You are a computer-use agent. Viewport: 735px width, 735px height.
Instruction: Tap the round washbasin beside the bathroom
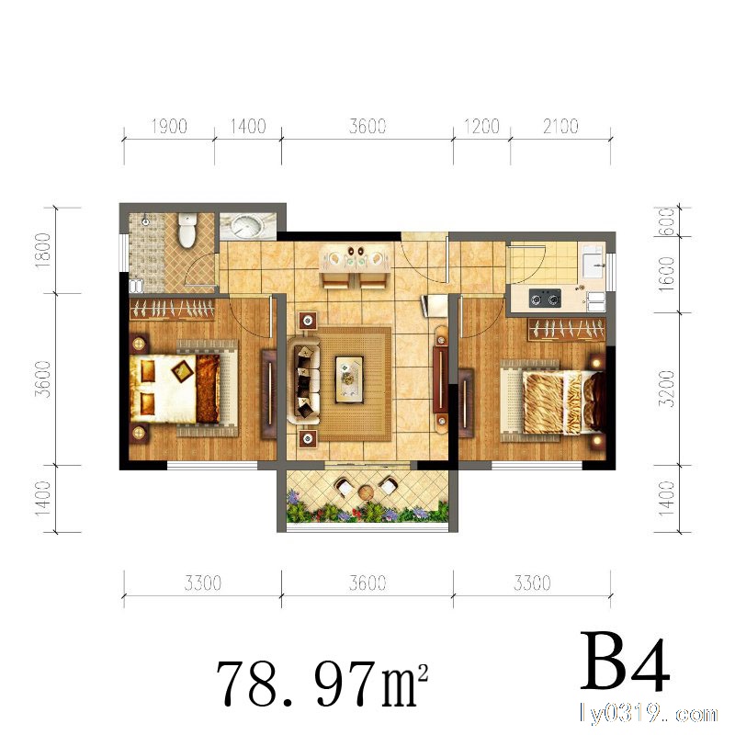(x=247, y=227)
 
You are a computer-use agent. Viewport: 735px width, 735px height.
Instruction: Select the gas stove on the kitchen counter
(x=545, y=298)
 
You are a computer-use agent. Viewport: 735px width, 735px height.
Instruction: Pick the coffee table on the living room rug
(x=349, y=379)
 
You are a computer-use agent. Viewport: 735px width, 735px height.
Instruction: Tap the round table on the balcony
(x=366, y=492)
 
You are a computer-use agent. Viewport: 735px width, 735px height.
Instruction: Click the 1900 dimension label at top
(x=169, y=127)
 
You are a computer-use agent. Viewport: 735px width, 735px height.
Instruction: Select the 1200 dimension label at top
(x=481, y=126)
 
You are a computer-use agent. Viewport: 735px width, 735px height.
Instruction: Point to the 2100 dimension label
(x=560, y=126)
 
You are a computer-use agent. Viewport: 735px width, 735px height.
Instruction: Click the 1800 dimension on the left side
(x=43, y=250)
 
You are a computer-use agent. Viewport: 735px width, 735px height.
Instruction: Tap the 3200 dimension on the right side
(x=666, y=388)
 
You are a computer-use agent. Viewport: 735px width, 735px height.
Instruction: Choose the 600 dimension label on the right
(x=667, y=221)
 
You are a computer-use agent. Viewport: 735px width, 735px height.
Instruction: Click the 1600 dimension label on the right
(x=666, y=274)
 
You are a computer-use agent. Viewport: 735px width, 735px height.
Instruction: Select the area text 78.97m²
(x=322, y=683)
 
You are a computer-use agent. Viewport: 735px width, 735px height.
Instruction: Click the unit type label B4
(x=625, y=661)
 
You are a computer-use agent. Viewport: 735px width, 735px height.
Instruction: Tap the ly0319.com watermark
(x=649, y=714)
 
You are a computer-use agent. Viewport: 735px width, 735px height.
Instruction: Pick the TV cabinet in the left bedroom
(x=269, y=394)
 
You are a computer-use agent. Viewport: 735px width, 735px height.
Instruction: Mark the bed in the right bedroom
(x=553, y=401)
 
